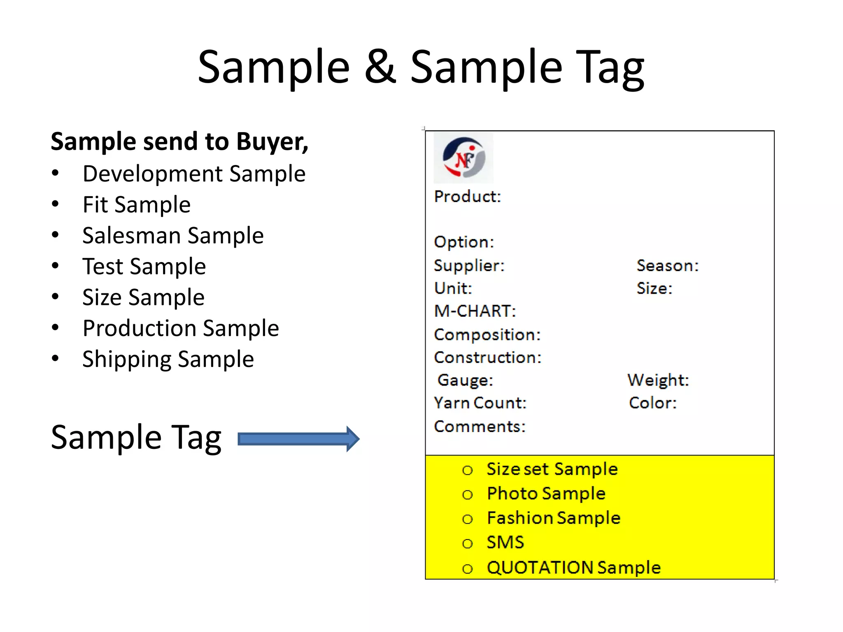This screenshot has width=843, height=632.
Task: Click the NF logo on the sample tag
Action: click(463, 158)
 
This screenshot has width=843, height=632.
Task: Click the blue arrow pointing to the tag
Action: click(298, 439)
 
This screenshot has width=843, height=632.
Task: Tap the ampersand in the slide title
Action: click(380, 67)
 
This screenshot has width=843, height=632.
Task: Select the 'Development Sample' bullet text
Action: click(194, 174)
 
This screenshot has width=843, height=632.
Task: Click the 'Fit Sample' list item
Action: click(136, 204)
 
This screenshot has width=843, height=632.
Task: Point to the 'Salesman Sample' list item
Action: click(173, 235)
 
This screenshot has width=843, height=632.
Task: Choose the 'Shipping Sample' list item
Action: click(168, 359)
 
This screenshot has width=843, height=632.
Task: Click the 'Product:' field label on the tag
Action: click(468, 197)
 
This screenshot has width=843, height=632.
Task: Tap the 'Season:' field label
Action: click(668, 266)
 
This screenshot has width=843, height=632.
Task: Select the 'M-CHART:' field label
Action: click(475, 311)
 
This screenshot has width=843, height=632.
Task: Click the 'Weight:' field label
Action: click(658, 380)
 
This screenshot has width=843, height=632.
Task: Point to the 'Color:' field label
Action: click(652, 403)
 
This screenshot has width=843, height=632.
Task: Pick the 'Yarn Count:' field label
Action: click(480, 403)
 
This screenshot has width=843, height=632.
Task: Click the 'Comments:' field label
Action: click(480, 427)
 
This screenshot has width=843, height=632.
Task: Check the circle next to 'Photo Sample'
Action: click(467, 495)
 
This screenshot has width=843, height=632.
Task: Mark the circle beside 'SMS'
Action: click(467, 544)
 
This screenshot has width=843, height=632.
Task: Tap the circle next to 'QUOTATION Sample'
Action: click(467, 569)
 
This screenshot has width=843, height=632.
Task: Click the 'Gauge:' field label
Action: click(465, 380)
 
